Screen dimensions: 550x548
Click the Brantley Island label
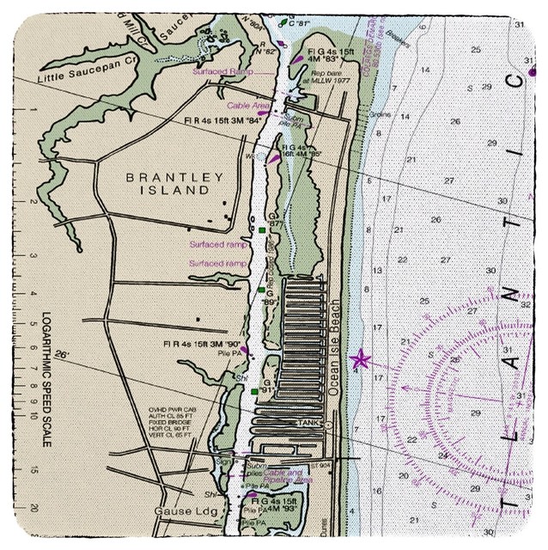168,183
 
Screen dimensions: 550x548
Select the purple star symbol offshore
359,359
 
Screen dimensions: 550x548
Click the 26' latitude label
60,354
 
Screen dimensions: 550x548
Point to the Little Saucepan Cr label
82,61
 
